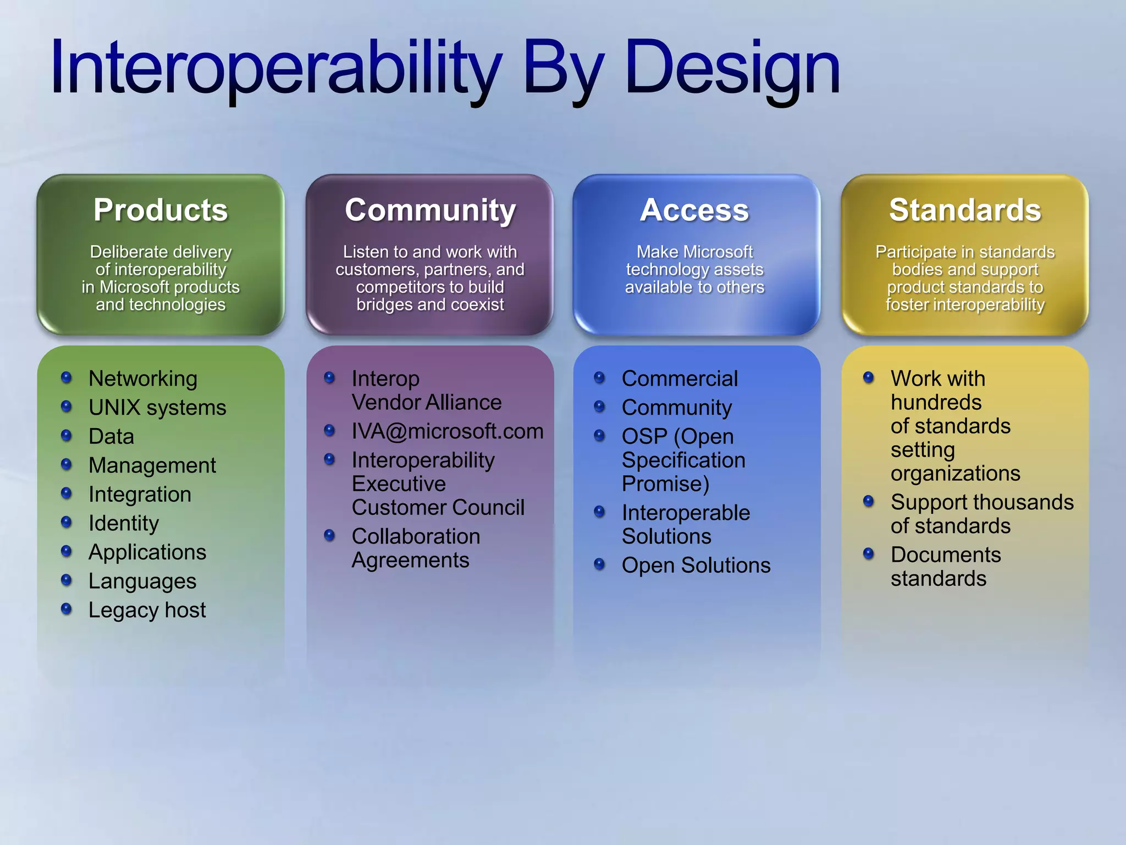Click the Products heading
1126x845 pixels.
tap(161, 210)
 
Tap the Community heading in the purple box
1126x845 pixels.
tap(430, 210)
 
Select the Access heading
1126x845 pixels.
tap(694, 210)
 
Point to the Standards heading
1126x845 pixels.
tap(965, 210)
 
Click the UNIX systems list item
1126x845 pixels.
tap(157, 408)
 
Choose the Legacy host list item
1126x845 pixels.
tap(147, 610)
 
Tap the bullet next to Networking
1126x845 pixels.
tap(67, 377)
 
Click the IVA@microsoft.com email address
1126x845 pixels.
tap(447, 431)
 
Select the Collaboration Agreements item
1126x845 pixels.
tap(416, 548)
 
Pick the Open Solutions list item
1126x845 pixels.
tap(696, 566)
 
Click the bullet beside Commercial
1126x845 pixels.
tap(600, 377)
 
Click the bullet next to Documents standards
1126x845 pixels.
tap(869, 553)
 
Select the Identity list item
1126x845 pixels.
tap(124, 523)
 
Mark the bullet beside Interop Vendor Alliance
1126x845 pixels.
tap(330, 377)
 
